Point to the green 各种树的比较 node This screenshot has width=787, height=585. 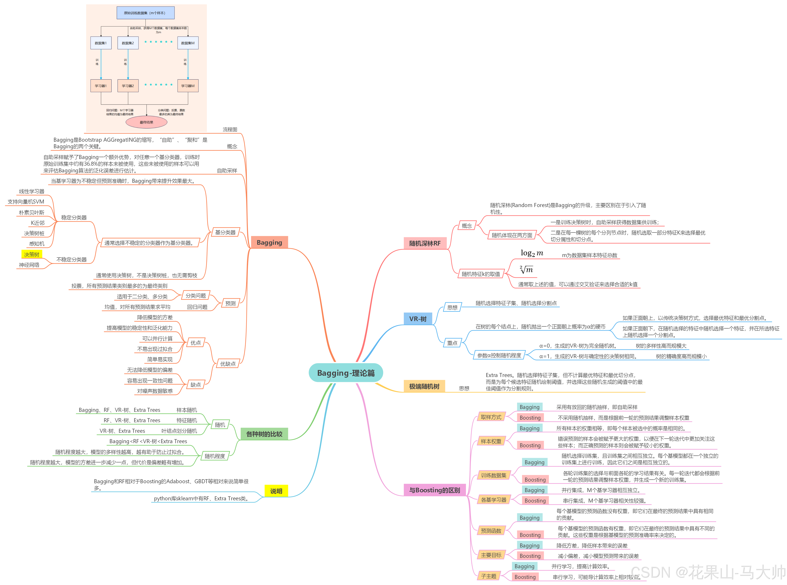click(x=264, y=434)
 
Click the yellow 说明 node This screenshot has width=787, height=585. click(x=276, y=491)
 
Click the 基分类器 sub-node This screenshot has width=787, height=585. click(x=225, y=232)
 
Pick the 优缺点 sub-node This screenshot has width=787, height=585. click(x=228, y=364)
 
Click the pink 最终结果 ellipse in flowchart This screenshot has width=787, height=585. click(x=146, y=122)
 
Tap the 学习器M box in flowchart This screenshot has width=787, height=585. click(x=188, y=86)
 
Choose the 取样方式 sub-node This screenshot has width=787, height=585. click(x=491, y=417)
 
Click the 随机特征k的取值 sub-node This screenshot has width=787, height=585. click(x=481, y=274)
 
